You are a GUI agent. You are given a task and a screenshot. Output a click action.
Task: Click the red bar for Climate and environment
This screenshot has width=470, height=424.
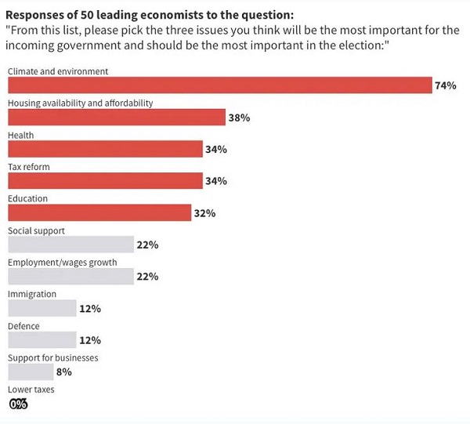[220, 85]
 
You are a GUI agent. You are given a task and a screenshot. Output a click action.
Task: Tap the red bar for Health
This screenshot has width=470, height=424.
[105, 149]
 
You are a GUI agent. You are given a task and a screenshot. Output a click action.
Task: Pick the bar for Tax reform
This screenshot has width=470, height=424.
[105, 181]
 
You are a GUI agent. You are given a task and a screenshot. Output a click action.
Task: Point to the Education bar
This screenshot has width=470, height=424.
[99, 213]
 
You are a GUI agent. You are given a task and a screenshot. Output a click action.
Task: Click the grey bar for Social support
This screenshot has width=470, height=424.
[70, 245]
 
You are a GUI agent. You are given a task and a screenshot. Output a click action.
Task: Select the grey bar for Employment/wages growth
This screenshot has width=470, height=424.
[70, 277]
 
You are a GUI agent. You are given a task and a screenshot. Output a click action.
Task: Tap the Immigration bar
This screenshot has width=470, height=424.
[42, 308]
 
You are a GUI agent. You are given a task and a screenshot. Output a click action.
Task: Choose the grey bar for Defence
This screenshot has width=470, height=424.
[42, 340]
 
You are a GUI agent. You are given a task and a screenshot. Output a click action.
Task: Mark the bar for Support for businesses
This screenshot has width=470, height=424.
[31, 372]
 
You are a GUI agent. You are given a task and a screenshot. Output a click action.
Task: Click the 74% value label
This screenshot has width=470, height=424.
[446, 85]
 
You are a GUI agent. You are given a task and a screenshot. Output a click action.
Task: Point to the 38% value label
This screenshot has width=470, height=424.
[239, 118]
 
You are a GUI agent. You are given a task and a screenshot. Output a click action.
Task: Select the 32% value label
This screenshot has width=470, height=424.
[205, 213]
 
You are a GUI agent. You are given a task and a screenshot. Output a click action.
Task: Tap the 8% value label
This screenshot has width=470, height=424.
[64, 372]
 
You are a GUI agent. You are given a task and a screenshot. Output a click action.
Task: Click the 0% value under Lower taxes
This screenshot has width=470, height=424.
[18, 404]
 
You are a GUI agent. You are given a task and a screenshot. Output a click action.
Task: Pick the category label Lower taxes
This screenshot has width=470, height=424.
[31, 390]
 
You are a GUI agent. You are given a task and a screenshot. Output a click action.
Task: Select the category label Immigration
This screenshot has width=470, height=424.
[32, 294]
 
